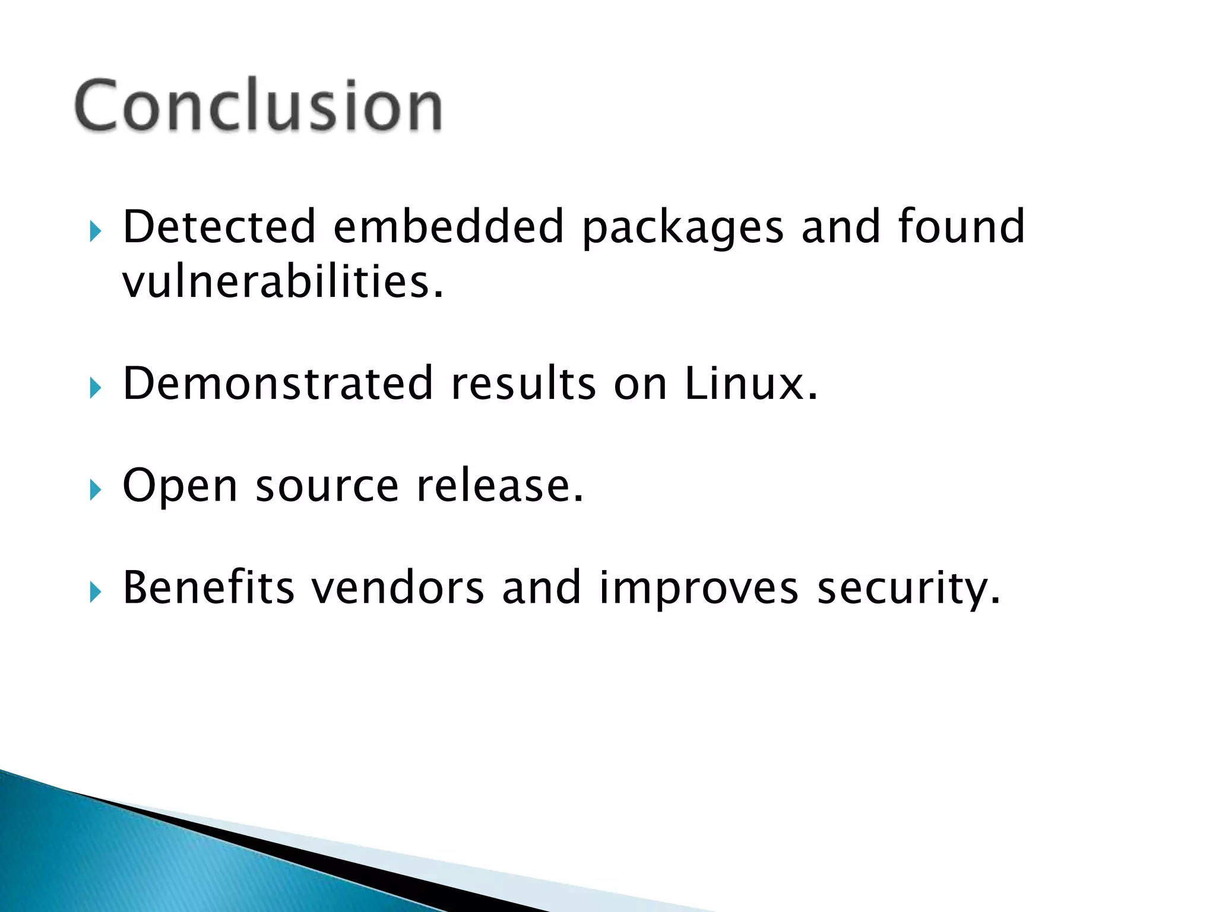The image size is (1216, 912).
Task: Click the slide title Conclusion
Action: coord(258,106)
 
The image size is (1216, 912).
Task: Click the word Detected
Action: coord(218,227)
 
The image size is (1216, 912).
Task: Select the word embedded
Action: coord(448,227)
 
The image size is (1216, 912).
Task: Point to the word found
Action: coord(961,227)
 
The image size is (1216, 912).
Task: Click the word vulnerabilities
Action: coord(283,281)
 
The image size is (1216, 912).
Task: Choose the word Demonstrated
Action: coord(278,384)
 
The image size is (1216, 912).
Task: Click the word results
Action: coord(523,384)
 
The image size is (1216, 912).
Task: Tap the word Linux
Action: coord(750,384)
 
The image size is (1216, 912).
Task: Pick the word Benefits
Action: coord(208,588)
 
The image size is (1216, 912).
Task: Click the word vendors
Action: coord(398,588)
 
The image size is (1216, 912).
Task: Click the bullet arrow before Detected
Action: coord(96,232)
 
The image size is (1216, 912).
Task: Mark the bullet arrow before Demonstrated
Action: coord(96,388)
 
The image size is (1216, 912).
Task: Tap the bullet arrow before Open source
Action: coord(96,490)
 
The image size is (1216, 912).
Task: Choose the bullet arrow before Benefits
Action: coord(96,592)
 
